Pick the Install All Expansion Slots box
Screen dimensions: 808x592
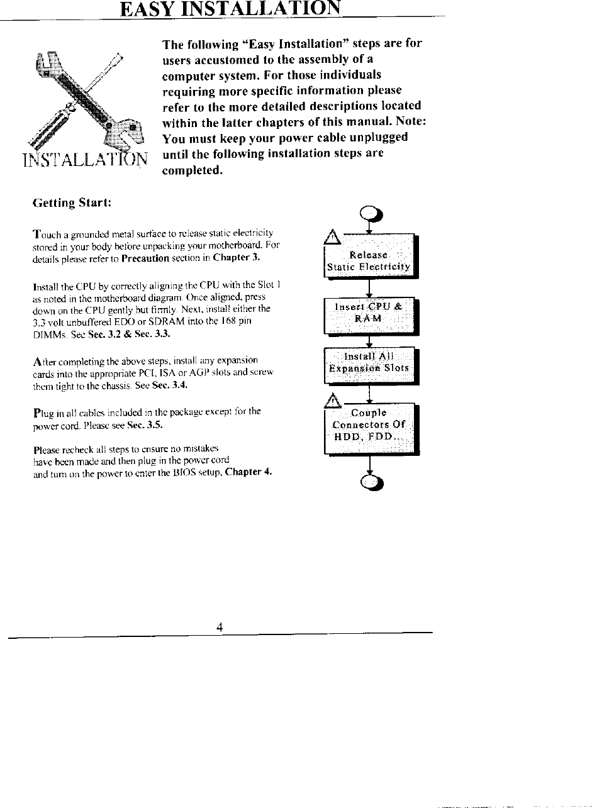[x=369, y=363]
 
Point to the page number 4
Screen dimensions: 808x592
[x=220, y=626]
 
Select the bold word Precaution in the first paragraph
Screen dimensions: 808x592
[x=146, y=258]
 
